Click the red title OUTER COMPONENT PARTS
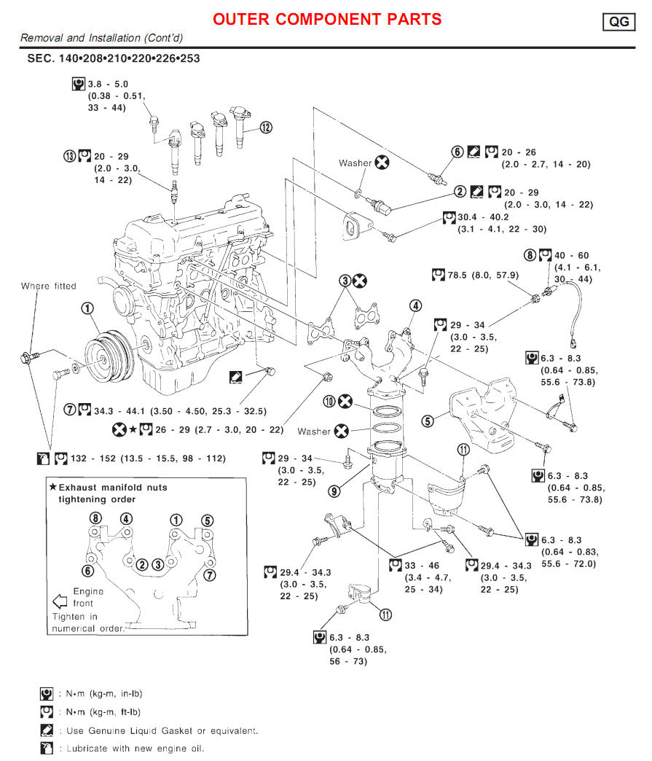[x=327, y=19]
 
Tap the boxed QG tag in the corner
[x=618, y=22]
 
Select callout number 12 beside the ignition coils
[x=266, y=128]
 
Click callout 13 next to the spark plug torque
[x=69, y=156]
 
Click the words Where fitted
[x=48, y=286]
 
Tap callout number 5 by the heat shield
[x=428, y=421]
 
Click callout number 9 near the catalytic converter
[x=334, y=491]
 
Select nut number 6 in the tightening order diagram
[x=88, y=570]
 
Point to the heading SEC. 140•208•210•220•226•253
[x=114, y=58]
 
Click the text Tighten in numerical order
[x=88, y=622]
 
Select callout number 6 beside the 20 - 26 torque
[x=457, y=152]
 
